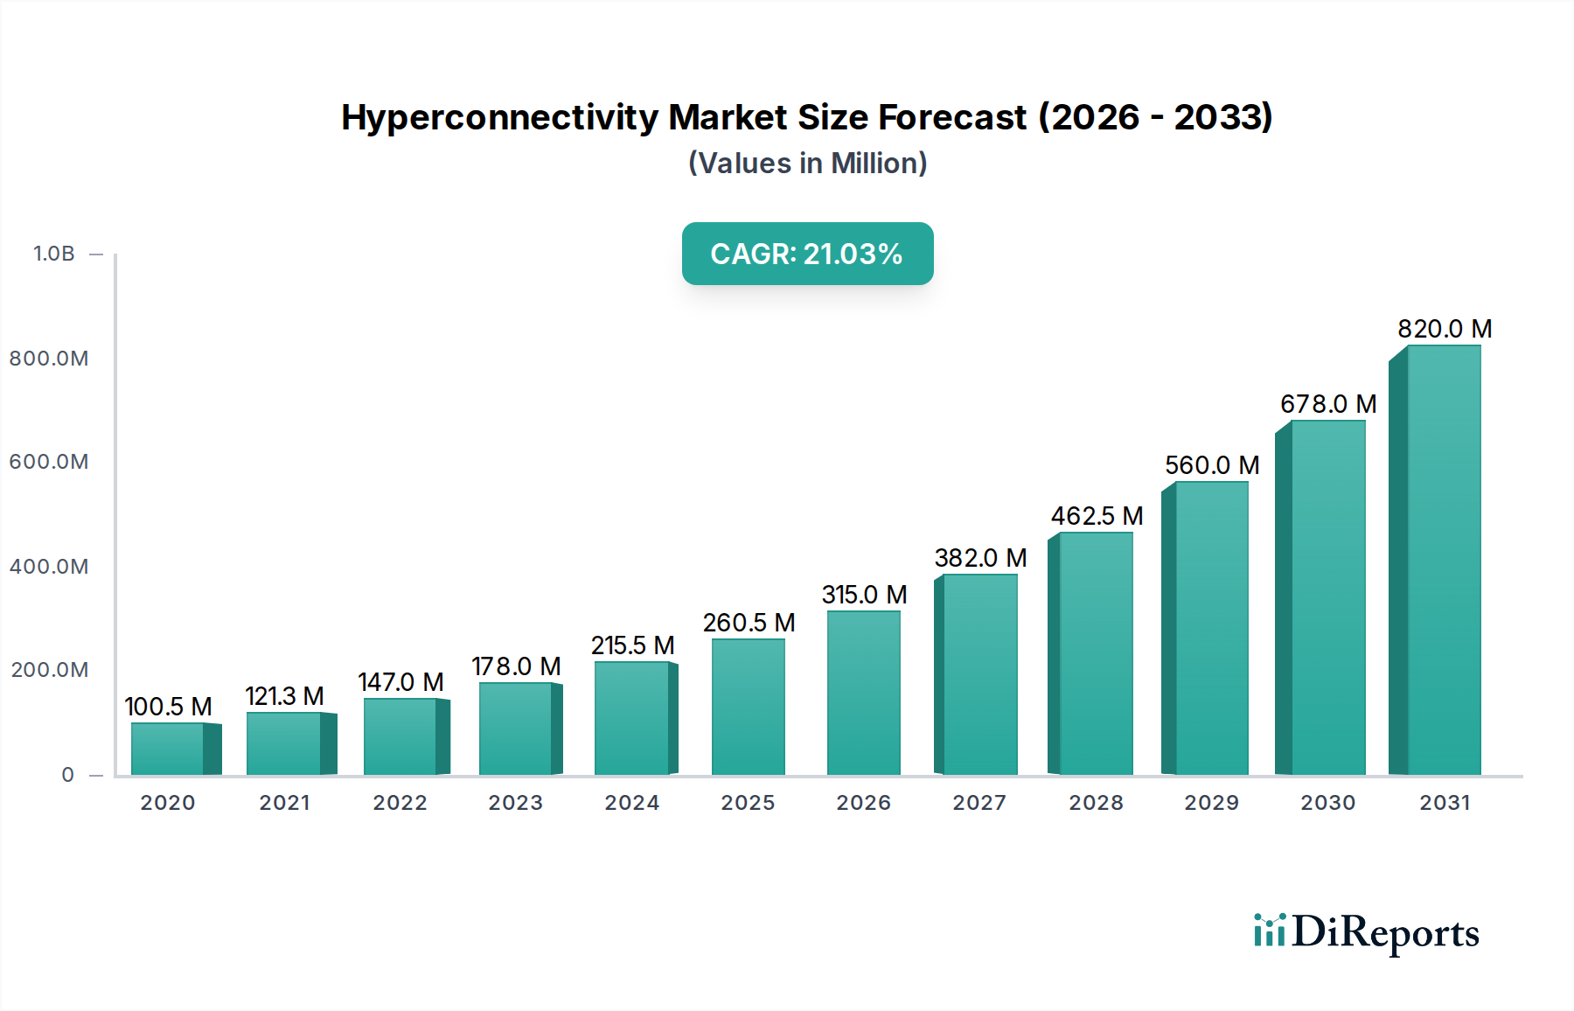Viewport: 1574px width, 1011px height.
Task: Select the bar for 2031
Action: tap(1443, 560)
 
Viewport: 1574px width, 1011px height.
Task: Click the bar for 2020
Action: tap(168, 750)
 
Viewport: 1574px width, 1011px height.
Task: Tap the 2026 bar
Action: tap(863, 693)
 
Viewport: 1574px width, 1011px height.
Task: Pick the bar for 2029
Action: tap(1211, 628)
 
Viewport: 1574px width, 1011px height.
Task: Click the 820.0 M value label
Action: tap(1444, 329)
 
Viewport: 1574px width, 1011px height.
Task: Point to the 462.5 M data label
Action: tap(1097, 516)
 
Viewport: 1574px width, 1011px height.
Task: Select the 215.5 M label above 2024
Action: tap(632, 645)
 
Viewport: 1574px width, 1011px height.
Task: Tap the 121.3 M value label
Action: tap(284, 696)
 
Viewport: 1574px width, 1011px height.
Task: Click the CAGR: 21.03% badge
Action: tap(807, 254)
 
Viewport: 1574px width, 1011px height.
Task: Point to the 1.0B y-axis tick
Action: tap(54, 254)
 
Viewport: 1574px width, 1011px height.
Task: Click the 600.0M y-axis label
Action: tap(49, 462)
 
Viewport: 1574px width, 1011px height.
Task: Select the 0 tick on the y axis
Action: tap(67, 775)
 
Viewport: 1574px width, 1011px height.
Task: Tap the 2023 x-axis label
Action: tap(515, 803)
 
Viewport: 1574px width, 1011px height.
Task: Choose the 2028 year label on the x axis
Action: tap(1096, 803)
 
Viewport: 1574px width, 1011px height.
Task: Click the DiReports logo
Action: tap(1366, 932)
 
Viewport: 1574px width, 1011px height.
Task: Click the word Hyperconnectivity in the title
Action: tap(499, 117)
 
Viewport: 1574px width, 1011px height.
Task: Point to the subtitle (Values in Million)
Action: tap(807, 164)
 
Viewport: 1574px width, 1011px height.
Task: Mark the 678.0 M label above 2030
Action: tap(1327, 404)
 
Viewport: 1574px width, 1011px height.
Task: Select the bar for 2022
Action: tap(400, 736)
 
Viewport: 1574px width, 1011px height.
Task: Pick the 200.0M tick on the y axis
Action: tap(49, 670)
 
